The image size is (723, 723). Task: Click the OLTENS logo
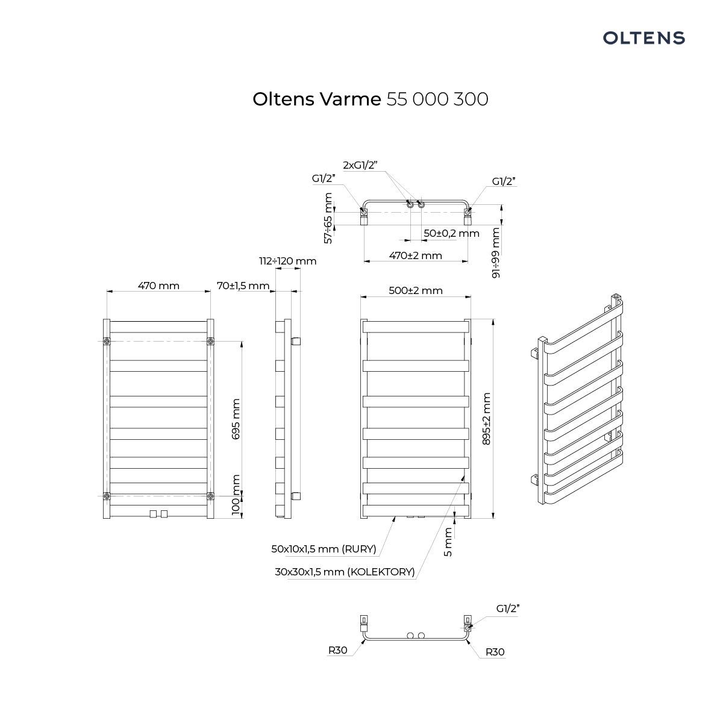tap(643, 38)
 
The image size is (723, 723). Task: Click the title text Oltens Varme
tap(317, 99)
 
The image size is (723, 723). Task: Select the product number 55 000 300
tap(437, 99)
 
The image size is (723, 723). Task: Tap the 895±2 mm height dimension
tap(486, 419)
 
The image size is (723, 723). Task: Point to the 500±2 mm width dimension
tap(415, 290)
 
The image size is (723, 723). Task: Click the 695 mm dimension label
tap(236, 419)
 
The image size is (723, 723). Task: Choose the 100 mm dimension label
tap(236, 495)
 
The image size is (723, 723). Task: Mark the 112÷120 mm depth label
tap(288, 261)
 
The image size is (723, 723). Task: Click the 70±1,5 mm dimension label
tap(243, 286)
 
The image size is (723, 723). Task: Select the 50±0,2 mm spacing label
tap(451, 233)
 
